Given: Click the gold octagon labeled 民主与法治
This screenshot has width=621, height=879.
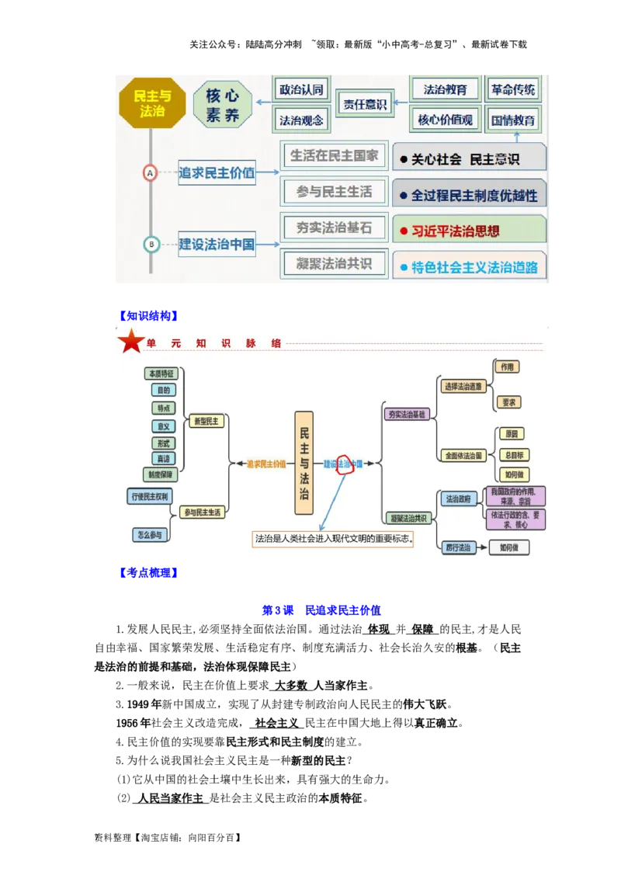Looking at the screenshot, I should click(x=152, y=103).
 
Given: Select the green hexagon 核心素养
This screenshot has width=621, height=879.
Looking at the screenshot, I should click(x=223, y=106).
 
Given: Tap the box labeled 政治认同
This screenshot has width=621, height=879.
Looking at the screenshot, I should click(x=300, y=89).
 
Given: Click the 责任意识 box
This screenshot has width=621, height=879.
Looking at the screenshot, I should click(x=365, y=104).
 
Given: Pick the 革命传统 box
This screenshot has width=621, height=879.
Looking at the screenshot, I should click(x=513, y=89).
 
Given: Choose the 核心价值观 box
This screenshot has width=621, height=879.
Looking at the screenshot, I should click(x=445, y=120).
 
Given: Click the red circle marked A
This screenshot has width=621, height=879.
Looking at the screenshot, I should click(x=151, y=173).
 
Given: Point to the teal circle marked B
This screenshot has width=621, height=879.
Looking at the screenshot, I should click(x=151, y=245).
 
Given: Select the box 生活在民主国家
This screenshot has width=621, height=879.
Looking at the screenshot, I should click(x=334, y=156).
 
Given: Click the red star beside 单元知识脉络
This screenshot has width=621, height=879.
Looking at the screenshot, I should click(x=130, y=342).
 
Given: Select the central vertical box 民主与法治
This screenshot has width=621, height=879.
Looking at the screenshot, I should click(x=304, y=463).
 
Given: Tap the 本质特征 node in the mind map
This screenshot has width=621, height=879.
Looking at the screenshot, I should click(x=161, y=373).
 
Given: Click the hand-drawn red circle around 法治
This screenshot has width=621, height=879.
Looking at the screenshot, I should click(x=345, y=463).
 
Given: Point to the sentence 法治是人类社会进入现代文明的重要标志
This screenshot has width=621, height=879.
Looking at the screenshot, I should click(x=333, y=538).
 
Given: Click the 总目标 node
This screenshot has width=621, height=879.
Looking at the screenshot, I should click(x=513, y=454).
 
